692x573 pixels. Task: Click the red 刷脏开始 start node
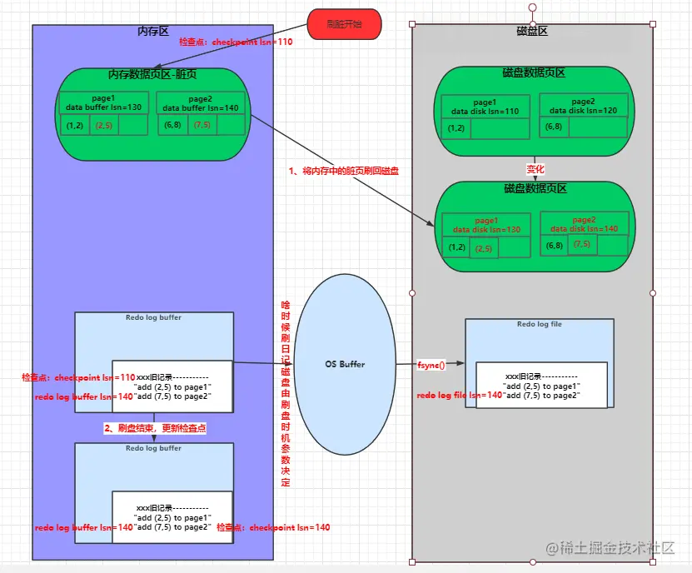click(x=344, y=24)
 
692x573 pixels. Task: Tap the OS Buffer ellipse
click(x=345, y=365)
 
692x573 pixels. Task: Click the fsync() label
click(x=431, y=365)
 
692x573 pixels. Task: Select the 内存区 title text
click(x=152, y=32)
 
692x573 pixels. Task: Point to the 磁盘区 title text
click(x=531, y=32)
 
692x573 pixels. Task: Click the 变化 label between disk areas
click(x=535, y=169)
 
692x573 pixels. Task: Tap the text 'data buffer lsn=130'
click(x=104, y=107)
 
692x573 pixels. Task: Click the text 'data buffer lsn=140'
click(x=201, y=107)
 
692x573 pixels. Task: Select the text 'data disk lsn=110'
click(x=485, y=111)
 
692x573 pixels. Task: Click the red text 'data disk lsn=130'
click(x=487, y=229)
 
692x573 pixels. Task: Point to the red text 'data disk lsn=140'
click(x=584, y=228)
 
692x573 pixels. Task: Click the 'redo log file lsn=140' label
click(x=460, y=395)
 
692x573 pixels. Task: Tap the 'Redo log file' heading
click(x=540, y=324)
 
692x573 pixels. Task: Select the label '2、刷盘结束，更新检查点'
click(x=155, y=427)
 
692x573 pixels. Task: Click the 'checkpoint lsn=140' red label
click(x=273, y=527)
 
